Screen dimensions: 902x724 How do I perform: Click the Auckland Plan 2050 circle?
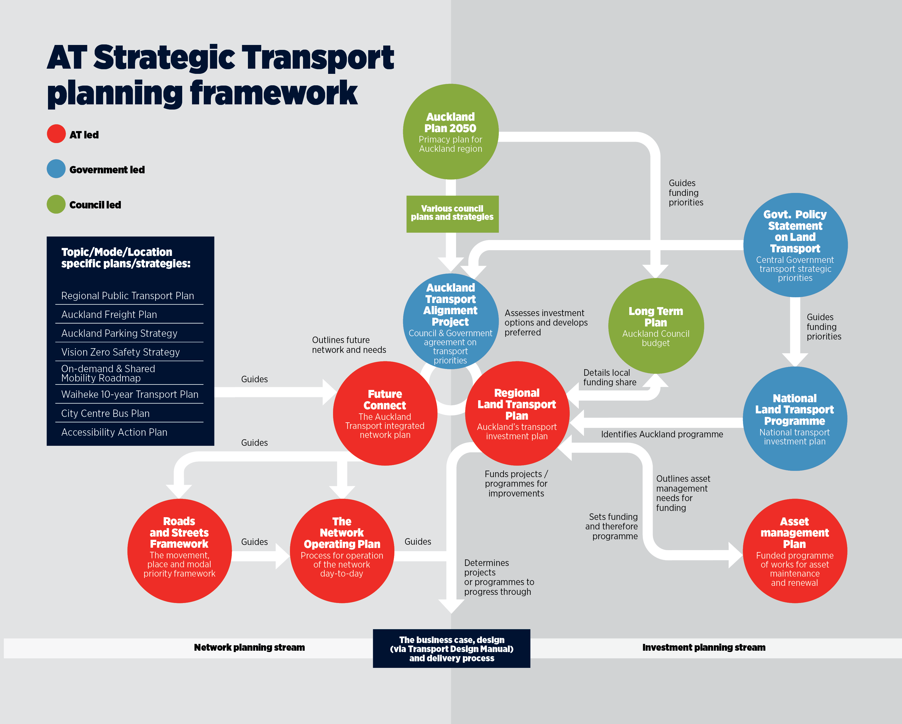pos(451,132)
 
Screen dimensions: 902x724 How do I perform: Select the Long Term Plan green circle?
pos(656,326)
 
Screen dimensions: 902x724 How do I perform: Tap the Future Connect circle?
pos(385,413)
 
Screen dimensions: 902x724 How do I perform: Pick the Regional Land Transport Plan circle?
pos(517,413)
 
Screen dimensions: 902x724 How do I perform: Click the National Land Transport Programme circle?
pos(795,419)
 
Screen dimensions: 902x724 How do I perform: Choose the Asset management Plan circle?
pos(795,551)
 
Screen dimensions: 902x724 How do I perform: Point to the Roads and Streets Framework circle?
pos(179,551)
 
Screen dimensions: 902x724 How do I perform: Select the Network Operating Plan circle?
pos(342,551)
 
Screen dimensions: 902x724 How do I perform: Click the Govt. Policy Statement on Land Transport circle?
pos(795,245)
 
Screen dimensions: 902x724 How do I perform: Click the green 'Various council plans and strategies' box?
pos(452,214)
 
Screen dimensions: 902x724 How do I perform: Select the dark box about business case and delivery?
pos(451,648)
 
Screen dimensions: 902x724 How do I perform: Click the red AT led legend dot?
pos(56,134)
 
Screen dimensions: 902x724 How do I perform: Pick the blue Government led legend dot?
pos(56,169)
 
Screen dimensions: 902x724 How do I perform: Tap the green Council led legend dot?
pos(56,204)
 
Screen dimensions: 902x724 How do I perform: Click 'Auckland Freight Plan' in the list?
pos(109,315)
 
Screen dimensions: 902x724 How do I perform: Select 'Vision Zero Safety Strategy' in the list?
pos(121,352)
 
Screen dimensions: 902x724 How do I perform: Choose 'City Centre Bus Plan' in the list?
pos(106,413)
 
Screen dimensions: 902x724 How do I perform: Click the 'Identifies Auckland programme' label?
pos(662,434)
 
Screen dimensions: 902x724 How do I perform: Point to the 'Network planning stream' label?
pos(249,647)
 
